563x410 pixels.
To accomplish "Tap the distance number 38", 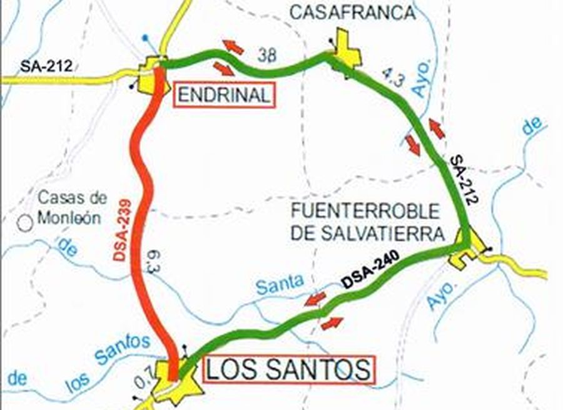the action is click(267, 55).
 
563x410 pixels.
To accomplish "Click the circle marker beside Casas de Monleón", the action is click(25, 222).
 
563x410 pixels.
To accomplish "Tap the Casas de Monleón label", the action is click(73, 208).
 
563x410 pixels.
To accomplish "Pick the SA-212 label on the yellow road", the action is click(46, 66).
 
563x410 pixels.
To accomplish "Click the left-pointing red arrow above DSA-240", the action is click(315, 297).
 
